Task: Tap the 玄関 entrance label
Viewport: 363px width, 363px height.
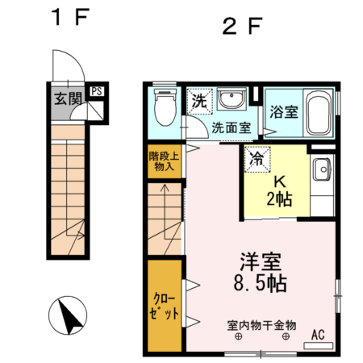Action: click(x=68, y=100)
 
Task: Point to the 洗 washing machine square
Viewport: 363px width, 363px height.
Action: click(x=198, y=102)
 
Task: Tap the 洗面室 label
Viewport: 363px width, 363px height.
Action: click(x=231, y=127)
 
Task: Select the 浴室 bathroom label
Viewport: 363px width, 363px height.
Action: click(x=284, y=113)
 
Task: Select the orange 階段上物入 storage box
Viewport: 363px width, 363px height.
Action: click(x=164, y=161)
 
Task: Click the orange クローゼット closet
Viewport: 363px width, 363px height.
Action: click(x=164, y=305)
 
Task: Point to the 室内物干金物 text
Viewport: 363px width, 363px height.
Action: click(x=261, y=325)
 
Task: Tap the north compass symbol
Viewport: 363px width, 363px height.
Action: click(x=70, y=314)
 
